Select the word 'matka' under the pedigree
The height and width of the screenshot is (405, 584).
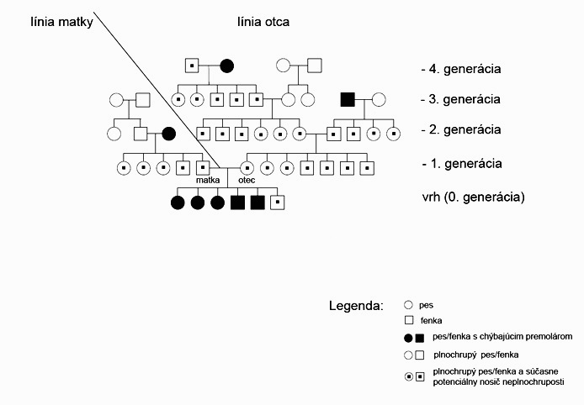[208, 180]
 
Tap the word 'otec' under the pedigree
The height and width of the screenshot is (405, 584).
[247, 180]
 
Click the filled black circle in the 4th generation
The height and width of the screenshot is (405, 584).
[226, 66]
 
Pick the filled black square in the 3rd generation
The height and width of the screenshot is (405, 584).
[347, 100]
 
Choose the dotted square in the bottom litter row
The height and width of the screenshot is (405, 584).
[278, 202]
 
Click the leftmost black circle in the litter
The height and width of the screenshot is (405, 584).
[178, 202]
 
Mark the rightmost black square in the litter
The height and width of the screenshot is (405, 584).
[257, 202]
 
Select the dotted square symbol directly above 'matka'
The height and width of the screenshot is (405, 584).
[203, 168]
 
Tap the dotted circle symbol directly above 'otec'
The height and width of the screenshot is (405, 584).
[247, 168]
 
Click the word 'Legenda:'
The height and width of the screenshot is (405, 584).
[356, 304]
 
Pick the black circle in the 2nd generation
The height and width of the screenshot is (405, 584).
[168, 133]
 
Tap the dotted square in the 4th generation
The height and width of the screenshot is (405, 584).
[192, 66]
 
